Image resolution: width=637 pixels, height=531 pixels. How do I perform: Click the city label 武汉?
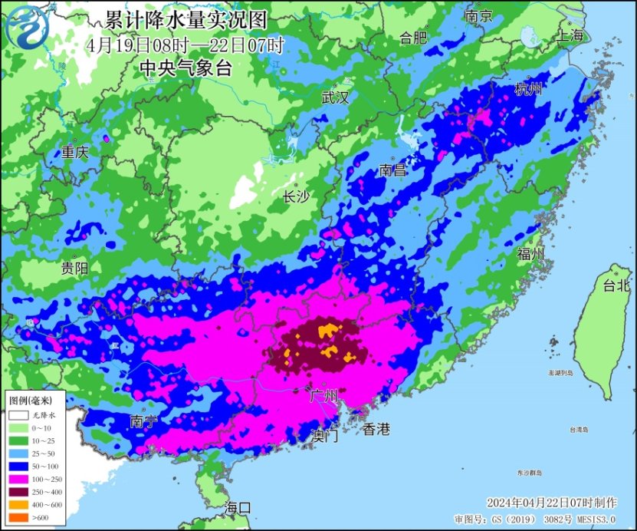[335, 97]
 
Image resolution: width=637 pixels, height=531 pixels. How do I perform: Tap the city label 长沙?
[296, 197]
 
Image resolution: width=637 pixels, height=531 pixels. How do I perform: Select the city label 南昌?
[392, 170]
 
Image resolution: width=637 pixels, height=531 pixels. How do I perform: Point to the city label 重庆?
[75, 152]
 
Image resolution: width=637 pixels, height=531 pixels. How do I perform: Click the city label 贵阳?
[75, 268]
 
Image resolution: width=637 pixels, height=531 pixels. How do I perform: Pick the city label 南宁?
[145, 421]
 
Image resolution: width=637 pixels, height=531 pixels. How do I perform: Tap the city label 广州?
[323, 396]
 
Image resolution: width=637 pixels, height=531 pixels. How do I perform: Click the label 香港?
[376, 429]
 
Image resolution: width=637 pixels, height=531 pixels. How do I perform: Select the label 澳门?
[325, 436]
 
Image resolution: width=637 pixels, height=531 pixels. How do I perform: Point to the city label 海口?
[238, 507]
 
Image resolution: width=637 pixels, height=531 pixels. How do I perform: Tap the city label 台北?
[616, 285]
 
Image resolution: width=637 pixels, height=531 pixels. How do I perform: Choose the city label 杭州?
[529, 90]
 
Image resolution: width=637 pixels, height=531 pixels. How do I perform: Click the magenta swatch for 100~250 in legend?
[18, 477]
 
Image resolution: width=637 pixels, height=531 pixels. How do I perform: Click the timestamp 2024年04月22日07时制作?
[551, 503]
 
